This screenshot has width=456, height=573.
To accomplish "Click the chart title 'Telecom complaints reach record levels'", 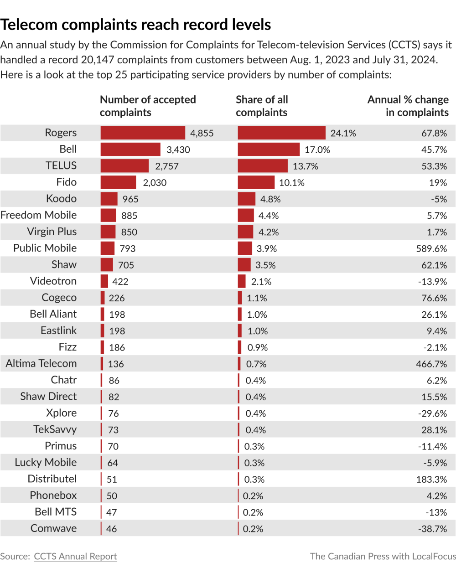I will click(x=136, y=25).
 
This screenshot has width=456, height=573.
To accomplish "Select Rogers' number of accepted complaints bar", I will click(x=143, y=133).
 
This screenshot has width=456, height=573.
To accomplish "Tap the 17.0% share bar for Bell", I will click(x=269, y=150).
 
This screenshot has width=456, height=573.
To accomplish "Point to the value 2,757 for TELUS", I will click(x=167, y=166).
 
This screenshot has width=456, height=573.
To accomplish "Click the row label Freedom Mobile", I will click(x=39, y=215).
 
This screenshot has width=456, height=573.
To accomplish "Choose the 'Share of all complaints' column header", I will click(x=262, y=106).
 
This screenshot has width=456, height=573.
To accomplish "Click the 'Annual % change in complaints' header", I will click(x=408, y=106).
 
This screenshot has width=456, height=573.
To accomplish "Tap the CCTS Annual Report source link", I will click(x=75, y=556).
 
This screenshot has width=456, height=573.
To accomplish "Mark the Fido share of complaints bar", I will click(x=256, y=182).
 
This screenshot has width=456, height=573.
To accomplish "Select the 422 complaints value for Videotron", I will click(x=120, y=282).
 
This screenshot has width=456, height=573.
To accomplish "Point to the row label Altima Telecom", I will click(x=41, y=364).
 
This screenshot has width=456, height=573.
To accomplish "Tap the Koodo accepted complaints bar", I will click(x=109, y=199).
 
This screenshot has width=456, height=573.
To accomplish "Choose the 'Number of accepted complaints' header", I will click(x=148, y=106).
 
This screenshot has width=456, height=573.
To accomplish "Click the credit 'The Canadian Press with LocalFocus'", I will click(x=383, y=556).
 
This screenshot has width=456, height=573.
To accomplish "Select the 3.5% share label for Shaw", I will click(x=265, y=265).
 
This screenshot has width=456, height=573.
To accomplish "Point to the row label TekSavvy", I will click(x=55, y=429).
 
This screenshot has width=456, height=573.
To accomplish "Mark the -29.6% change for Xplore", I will click(x=433, y=413).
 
